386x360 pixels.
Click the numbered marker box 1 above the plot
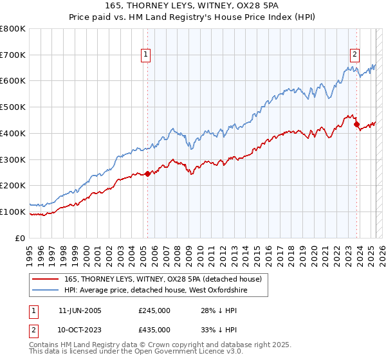[147, 55]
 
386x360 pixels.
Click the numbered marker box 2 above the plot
[355, 55]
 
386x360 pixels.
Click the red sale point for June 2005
[147, 173]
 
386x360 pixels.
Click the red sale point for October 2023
[356, 124]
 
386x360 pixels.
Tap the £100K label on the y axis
[13, 212]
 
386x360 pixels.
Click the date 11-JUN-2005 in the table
[80, 310]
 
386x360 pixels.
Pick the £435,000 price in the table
[154, 329]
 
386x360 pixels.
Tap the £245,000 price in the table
[154, 310]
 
